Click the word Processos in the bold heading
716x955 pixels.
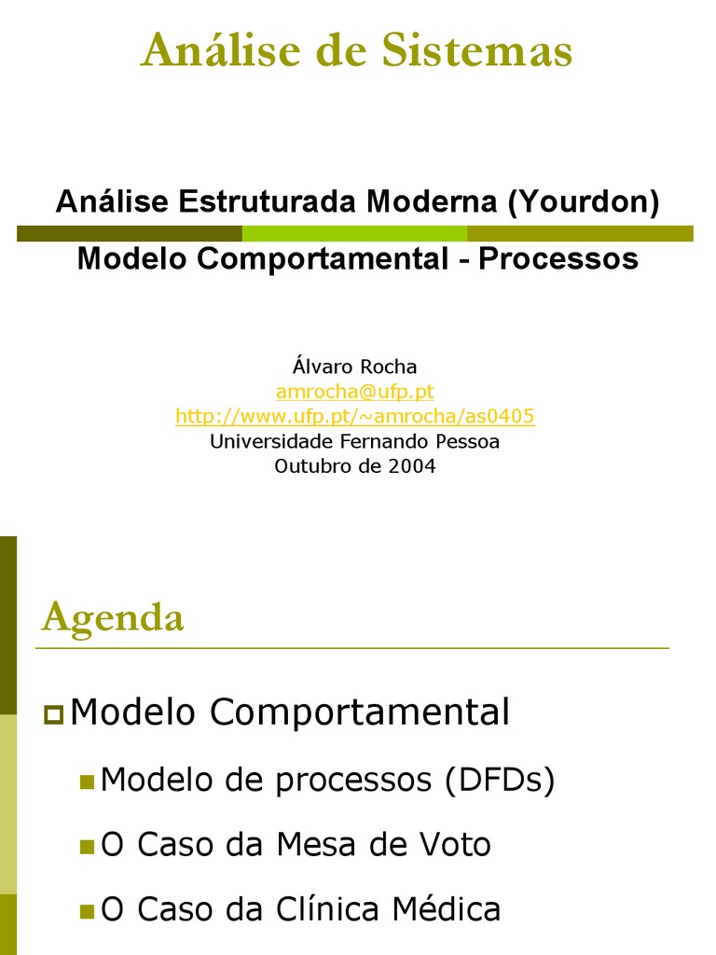[558, 258]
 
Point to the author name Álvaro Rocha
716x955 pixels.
[354, 367]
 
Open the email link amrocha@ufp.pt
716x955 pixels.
[354, 392]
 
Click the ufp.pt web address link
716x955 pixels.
[354, 416]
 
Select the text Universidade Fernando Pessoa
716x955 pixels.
[354, 441]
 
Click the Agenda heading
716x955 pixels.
[113, 617]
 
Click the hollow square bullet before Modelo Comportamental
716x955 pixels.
[53, 715]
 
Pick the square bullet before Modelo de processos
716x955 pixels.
[87, 782]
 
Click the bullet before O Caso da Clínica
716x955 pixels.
[87, 911]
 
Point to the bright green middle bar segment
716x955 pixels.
[354, 233]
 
